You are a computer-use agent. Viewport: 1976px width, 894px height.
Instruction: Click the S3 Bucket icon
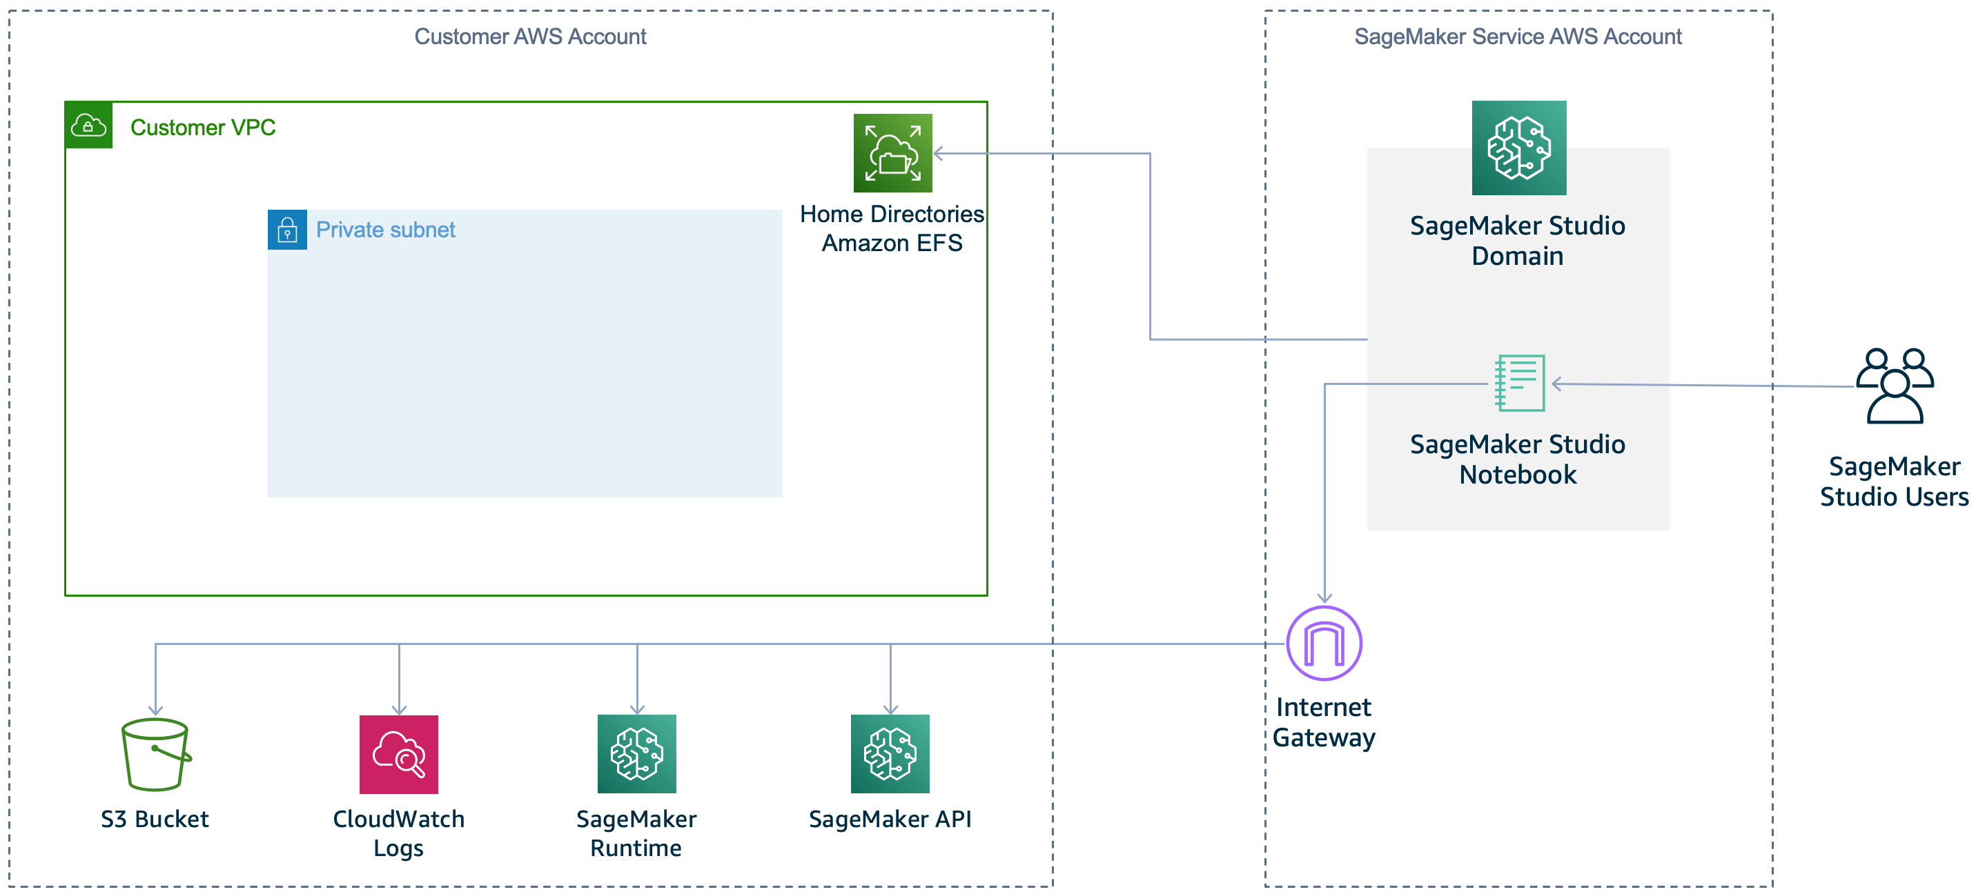pos(156,755)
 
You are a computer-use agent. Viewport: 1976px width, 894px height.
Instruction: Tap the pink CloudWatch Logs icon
pos(399,755)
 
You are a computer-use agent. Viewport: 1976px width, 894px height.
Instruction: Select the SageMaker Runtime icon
pos(636,754)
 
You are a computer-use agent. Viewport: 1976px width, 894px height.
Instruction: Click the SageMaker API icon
pos(890,754)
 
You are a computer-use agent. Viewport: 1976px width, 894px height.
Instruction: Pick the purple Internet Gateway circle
pos(1324,644)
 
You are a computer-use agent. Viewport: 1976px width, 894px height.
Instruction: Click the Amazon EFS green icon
pos(893,153)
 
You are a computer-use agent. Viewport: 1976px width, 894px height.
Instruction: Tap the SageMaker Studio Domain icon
pos(1519,148)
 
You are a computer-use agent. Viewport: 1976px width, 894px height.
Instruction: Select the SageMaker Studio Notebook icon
pos(1520,383)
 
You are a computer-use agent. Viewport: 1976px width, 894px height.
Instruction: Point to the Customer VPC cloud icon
pos(88,125)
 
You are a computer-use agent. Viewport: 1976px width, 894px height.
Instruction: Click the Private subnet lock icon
pos(287,229)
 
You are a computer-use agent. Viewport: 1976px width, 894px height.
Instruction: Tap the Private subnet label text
pos(385,229)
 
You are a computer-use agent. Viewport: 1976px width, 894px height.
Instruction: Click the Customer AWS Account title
pos(530,36)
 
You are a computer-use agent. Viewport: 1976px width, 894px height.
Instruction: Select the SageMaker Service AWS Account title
pos(1517,36)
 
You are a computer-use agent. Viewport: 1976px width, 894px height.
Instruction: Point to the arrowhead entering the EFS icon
pos(938,153)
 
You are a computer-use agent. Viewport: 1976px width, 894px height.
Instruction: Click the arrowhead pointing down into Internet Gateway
pos(1324,598)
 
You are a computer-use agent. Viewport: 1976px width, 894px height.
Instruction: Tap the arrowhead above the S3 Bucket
pos(156,710)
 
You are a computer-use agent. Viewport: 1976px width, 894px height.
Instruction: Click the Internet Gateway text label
pos(1323,722)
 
